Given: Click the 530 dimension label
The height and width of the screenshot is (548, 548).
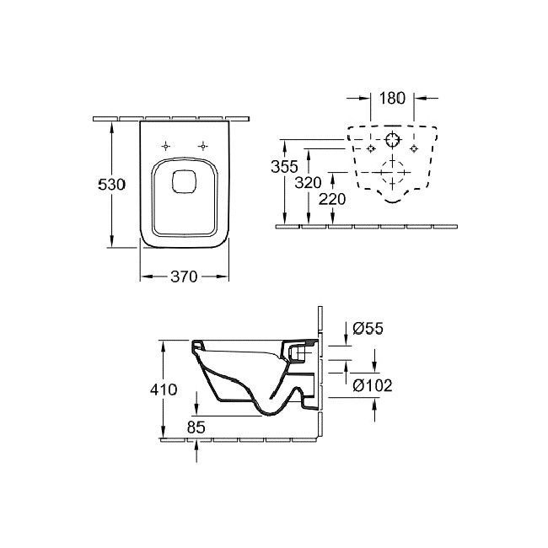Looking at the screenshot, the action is click(111, 185).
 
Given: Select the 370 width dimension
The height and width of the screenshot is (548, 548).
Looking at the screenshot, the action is click(184, 277).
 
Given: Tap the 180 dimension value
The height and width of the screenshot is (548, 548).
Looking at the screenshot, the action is click(392, 98).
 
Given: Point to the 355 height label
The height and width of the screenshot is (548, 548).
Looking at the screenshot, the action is click(284, 166).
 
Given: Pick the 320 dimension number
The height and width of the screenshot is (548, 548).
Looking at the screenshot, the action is click(308, 182).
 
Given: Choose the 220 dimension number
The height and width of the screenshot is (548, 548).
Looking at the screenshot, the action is click(332, 199).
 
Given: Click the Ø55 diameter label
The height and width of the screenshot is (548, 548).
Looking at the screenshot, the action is click(368, 328).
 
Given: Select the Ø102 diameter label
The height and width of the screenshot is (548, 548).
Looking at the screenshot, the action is click(373, 385).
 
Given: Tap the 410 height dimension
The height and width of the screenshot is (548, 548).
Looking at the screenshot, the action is click(164, 390).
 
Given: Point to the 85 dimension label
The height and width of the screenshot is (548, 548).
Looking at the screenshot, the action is click(196, 427).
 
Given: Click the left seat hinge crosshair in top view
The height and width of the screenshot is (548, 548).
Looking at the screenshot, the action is click(166, 146).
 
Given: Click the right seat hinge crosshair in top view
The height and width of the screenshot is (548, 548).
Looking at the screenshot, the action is click(202, 146).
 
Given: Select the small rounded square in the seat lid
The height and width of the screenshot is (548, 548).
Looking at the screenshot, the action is click(184, 181).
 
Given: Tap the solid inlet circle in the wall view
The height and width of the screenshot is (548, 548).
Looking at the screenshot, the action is click(392, 140).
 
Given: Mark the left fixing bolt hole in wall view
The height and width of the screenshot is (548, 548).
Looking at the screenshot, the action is click(371, 149).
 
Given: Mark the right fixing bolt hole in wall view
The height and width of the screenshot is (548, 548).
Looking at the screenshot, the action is click(414, 149).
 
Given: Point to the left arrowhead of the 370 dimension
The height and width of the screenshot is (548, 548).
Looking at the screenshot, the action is click(147, 277).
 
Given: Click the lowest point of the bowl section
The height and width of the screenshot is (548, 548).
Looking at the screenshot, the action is click(271, 415).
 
